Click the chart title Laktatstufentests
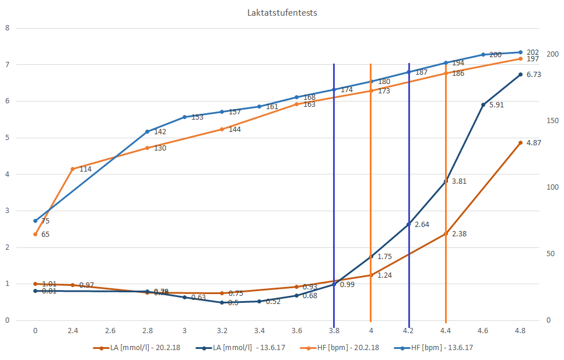click(282, 12)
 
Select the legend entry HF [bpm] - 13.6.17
click(442, 348)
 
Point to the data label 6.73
click(534, 75)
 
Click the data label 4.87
click(534, 143)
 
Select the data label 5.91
click(496, 106)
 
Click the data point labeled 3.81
click(446, 182)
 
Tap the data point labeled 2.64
click(408, 224)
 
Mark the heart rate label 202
click(533, 52)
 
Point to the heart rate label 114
click(85, 169)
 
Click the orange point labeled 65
click(36, 234)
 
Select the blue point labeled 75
click(36, 221)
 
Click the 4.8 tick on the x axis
click(520, 330)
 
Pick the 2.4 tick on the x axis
click(72, 330)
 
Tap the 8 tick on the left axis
click(7, 27)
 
